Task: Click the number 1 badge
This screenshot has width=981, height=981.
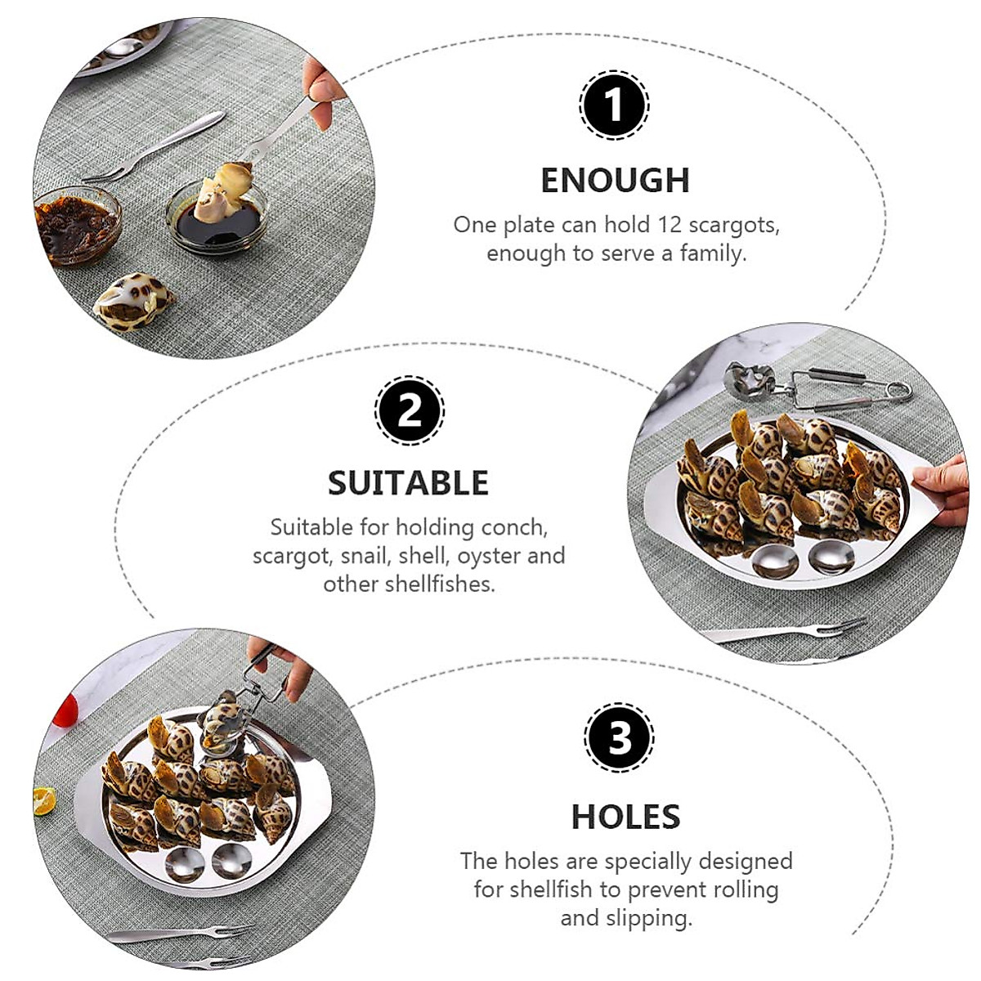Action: [x=614, y=105]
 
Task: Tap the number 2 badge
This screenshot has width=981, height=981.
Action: [x=409, y=410]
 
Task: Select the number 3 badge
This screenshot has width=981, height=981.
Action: [x=619, y=737]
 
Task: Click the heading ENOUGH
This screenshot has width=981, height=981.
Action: [x=616, y=181]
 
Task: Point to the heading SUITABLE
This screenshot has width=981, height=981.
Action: [x=408, y=483]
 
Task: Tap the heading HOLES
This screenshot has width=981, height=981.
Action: [x=625, y=817]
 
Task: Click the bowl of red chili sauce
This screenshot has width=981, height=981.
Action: [x=75, y=225]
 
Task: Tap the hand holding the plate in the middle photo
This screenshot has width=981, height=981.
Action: [x=944, y=490]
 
